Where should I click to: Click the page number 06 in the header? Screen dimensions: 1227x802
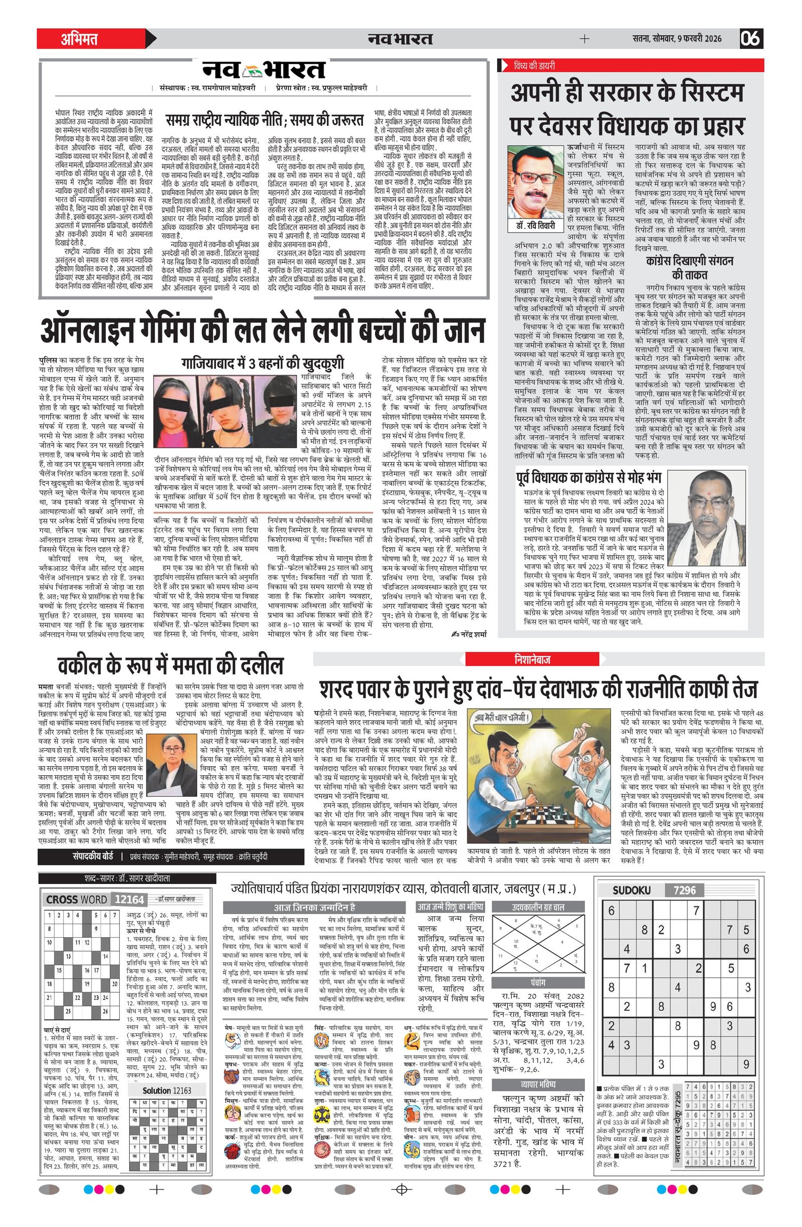click(x=751, y=39)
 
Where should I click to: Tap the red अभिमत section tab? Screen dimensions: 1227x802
click(x=79, y=39)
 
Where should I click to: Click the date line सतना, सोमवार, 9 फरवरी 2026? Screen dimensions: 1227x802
click(x=677, y=39)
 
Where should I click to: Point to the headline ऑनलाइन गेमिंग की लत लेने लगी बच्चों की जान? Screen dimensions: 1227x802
click(x=263, y=330)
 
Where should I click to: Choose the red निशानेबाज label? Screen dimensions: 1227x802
click(x=532, y=659)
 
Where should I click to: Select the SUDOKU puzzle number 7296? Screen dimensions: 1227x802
click(x=684, y=891)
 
